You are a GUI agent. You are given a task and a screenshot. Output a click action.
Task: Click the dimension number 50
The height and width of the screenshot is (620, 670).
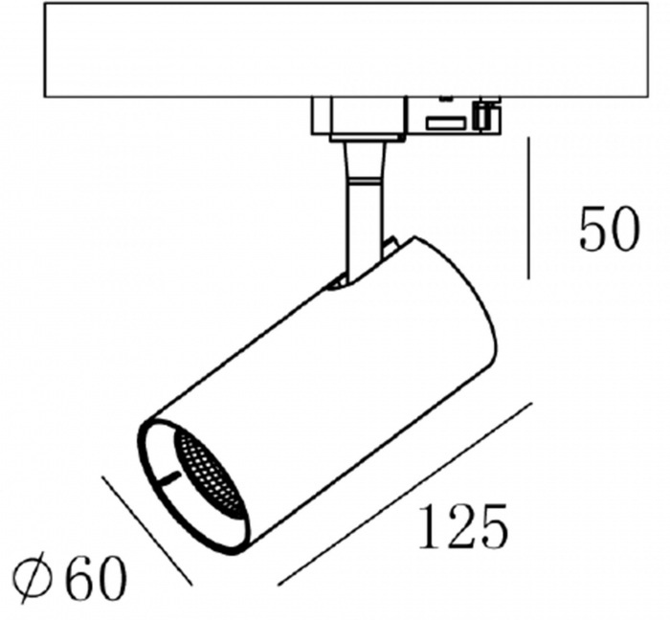[x=610, y=229]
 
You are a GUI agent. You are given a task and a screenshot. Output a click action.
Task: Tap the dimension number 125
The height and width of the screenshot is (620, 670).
[x=463, y=526]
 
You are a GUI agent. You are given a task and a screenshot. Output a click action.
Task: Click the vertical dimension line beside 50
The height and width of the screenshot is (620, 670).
[x=529, y=208]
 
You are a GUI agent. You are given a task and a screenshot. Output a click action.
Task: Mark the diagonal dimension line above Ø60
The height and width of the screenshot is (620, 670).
[x=146, y=530]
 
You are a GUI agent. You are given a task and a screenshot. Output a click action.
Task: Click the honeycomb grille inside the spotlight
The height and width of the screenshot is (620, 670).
[x=210, y=472]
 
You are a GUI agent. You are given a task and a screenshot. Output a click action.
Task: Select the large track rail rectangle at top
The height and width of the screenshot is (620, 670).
[x=346, y=50]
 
